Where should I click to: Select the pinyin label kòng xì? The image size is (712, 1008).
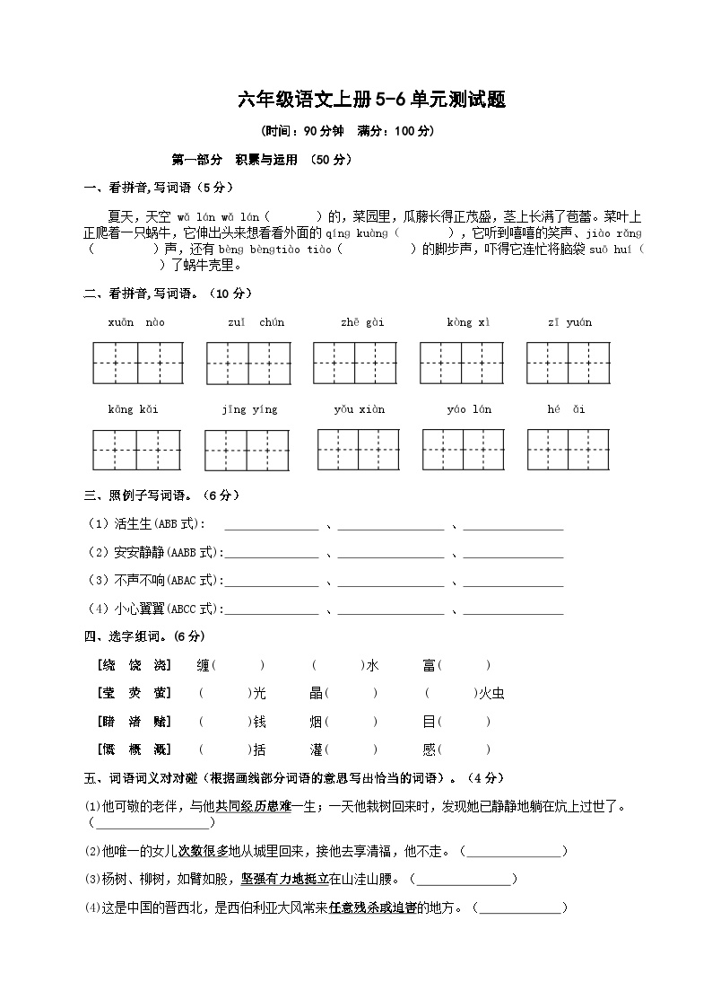tap(468, 322)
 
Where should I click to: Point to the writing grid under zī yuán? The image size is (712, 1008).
tap(570, 363)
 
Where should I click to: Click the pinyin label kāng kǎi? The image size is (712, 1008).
tap(133, 409)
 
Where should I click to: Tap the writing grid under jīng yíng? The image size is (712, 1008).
tap(249, 450)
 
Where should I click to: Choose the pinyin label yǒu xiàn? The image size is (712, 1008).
tap(359, 409)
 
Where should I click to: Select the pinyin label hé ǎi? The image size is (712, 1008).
tap(566, 409)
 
